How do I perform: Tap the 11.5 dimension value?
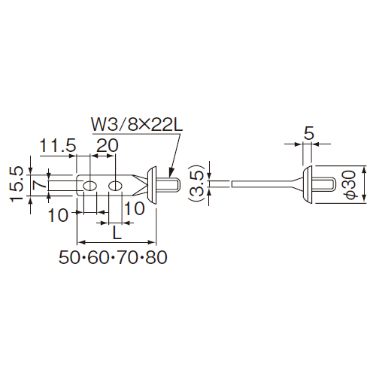[58, 145]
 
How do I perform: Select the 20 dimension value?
[108, 145]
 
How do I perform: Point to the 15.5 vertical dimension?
[17, 184]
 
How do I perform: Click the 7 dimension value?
[39, 184]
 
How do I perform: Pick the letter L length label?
[117, 234]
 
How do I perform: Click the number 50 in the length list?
[69, 257]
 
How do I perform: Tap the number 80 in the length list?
[156, 257]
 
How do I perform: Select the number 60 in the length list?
[99, 257]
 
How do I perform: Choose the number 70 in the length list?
[127, 257]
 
